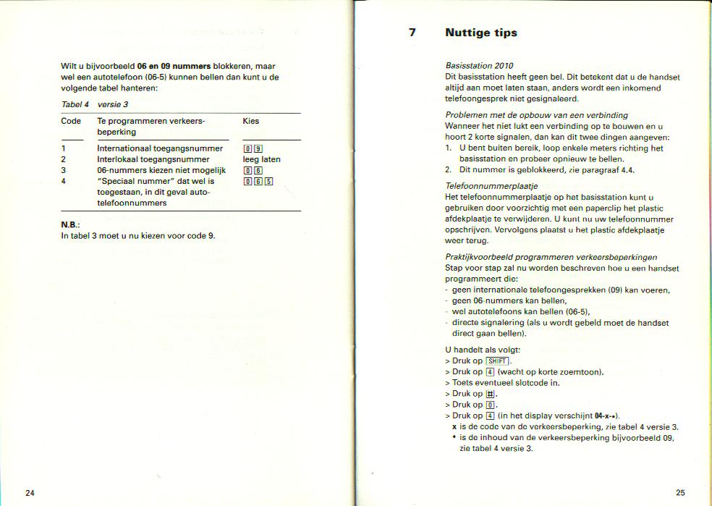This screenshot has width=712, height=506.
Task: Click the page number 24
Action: (x=30, y=493)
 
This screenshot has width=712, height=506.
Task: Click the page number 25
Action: (x=680, y=493)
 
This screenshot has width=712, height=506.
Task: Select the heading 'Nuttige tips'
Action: (x=480, y=33)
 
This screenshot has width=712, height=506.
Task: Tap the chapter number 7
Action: (x=412, y=33)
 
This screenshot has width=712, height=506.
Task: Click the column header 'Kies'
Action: (x=251, y=121)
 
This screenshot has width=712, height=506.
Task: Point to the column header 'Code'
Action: (x=71, y=121)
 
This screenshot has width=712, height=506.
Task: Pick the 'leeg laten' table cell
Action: (x=261, y=159)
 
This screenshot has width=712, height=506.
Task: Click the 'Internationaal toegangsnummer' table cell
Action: (x=160, y=148)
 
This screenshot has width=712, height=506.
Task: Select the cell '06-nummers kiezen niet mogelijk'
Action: (x=161, y=170)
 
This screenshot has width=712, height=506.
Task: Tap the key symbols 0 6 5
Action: (x=258, y=181)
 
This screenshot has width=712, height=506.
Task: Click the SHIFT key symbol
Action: (x=498, y=361)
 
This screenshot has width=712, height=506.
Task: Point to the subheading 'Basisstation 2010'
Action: (x=479, y=66)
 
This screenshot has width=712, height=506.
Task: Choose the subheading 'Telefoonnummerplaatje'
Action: (x=486, y=186)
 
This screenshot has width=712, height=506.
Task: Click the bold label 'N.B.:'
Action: (x=69, y=224)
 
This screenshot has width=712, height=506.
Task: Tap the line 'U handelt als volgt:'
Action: (x=483, y=350)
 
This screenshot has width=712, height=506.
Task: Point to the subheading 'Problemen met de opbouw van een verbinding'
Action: (x=536, y=115)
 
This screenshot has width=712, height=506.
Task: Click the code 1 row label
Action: (x=64, y=148)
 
